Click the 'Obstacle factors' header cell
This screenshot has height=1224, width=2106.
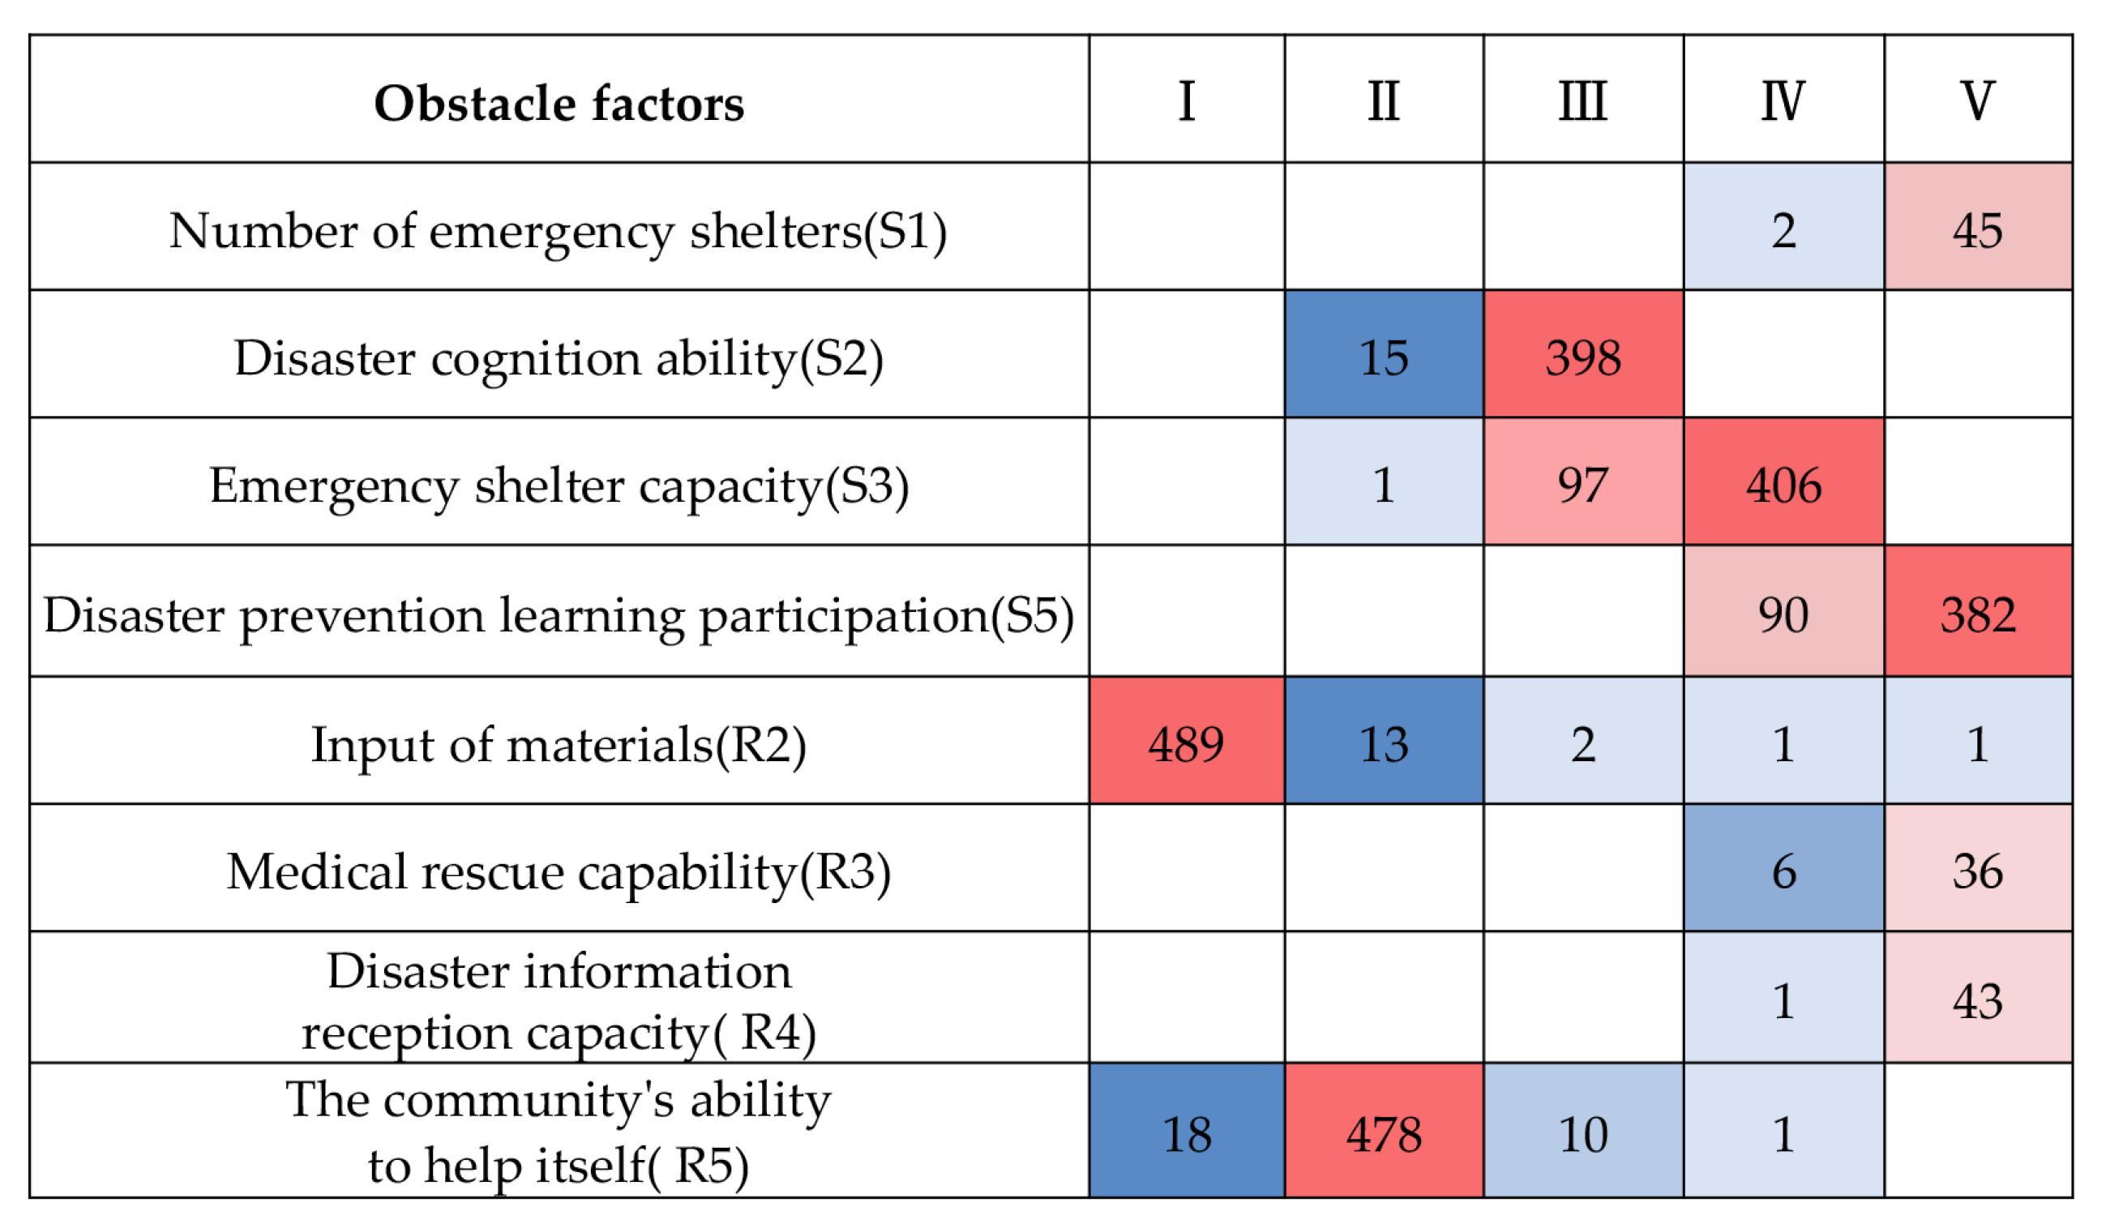559,103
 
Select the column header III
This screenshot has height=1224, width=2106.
1583,101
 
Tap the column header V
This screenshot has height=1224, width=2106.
1977,101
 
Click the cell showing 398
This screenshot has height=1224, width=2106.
1583,357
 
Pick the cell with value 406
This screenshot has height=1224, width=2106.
1783,486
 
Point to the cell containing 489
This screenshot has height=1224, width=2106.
1186,743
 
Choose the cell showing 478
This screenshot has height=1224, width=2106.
1384,1134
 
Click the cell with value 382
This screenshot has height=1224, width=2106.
1977,615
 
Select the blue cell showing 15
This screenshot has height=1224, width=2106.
1384,357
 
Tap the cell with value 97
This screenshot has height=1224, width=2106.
1583,486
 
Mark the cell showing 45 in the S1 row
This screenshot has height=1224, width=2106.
1977,229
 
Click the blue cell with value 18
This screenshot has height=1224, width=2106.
1186,1134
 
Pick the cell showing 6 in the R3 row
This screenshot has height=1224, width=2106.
1783,871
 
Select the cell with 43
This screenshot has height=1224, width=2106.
1977,1000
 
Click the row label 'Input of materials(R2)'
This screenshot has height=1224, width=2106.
559,743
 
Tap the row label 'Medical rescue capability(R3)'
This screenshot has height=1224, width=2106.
559,871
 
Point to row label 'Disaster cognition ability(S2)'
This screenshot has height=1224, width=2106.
559,357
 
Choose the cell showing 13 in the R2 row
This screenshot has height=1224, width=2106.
1384,743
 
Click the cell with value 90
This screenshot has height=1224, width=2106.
1783,615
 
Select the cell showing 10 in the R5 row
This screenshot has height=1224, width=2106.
1583,1134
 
